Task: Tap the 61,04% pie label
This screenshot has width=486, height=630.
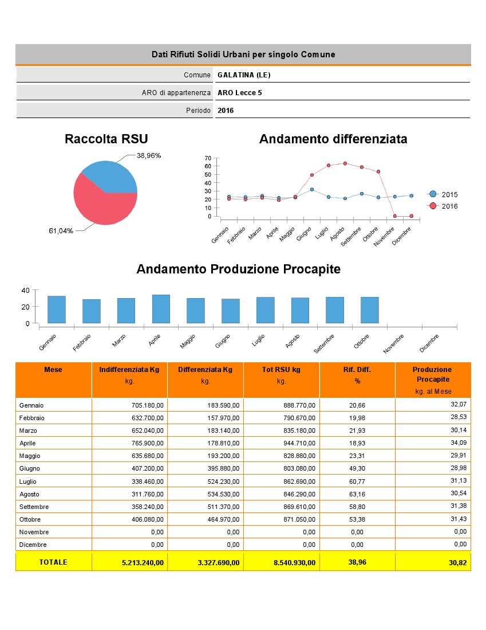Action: [x=61, y=231]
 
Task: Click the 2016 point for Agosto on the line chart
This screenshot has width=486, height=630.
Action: [x=345, y=163]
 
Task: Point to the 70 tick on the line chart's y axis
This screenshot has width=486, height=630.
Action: [x=208, y=158]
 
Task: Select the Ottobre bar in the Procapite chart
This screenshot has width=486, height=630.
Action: [x=369, y=310]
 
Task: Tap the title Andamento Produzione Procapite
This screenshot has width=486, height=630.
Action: [x=238, y=269]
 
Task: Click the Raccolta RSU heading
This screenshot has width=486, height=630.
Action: [x=106, y=139]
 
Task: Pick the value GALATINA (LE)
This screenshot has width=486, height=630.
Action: [x=244, y=75]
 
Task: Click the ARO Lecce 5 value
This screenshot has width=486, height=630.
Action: [x=240, y=93]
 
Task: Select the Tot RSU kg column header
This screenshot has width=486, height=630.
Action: [x=281, y=370]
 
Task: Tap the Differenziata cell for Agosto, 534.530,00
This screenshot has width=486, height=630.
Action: [x=220, y=494]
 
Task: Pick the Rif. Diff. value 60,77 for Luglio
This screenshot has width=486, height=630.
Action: [x=357, y=481]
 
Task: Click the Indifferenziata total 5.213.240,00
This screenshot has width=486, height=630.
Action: [x=143, y=563]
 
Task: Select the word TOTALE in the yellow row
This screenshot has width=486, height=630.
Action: [x=53, y=562]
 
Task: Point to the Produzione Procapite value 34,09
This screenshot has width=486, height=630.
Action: [x=459, y=442]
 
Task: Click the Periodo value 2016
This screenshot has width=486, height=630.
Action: [x=226, y=111]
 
